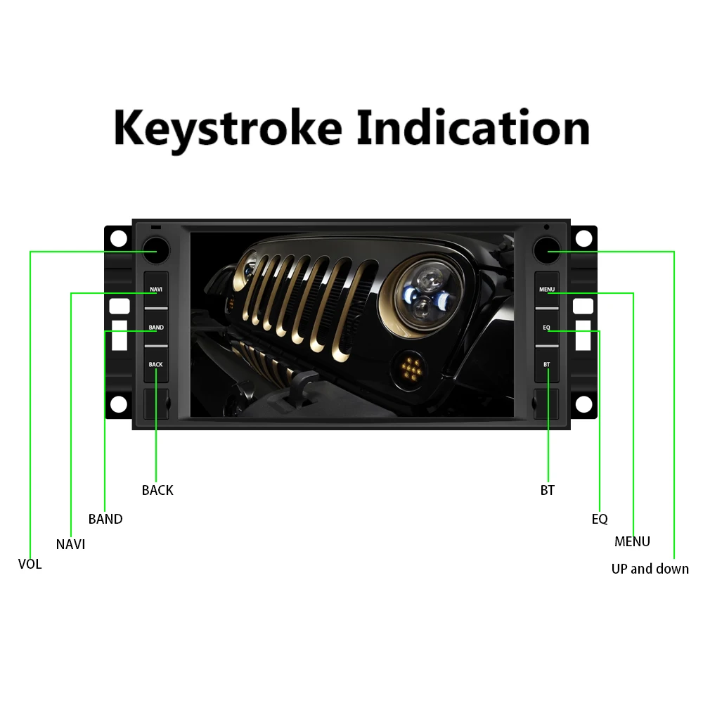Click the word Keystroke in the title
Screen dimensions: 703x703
(228, 129)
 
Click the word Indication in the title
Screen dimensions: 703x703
(473, 128)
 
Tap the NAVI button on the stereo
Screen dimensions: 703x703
(156, 290)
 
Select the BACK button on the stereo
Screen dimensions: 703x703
(156, 365)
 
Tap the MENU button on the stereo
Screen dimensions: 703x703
(547, 290)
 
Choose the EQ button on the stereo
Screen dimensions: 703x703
(547, 328)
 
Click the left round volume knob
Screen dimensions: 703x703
(155, 251)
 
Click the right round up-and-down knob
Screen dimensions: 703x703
(546, 251)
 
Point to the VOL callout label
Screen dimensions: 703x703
(30, 564)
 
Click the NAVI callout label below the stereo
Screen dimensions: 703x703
(70, 544)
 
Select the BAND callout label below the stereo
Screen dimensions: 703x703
(105, 519)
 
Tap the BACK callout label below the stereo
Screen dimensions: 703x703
(157, 490)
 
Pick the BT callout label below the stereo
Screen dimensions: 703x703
(548, 490)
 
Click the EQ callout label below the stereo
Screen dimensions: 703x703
(600, 519)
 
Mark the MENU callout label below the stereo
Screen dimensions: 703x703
(632, 541)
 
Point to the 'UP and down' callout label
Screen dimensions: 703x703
(650, 569)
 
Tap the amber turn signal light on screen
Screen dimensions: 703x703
(411, 366)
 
